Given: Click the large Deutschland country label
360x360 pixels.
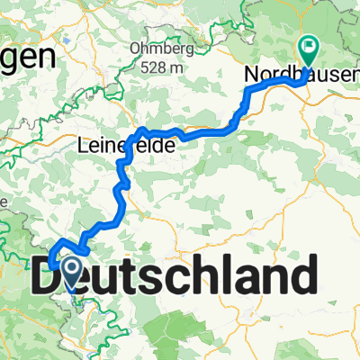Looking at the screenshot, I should (x=175, y=274).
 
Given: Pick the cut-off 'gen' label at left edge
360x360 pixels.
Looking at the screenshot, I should (x=27, y=58).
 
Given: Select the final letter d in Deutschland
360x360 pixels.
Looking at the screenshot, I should (x=304, y=274).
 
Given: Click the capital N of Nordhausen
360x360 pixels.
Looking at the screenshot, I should (x=253, y=77).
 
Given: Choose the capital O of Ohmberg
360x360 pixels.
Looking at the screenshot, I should (x=135, y=49).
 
